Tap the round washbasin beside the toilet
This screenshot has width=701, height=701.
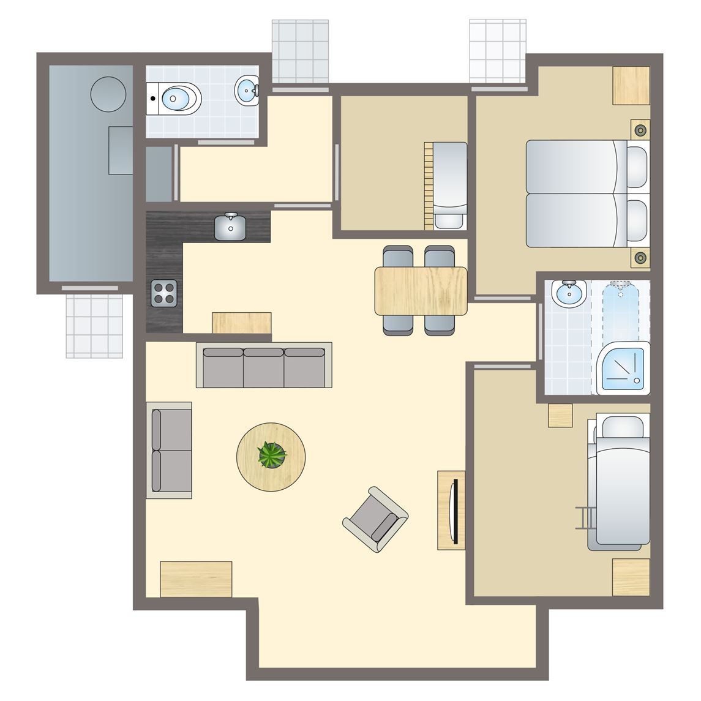pyautogui.click(x=247, y=90)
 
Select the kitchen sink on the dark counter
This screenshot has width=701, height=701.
pyautogui.click(x=231, y=227)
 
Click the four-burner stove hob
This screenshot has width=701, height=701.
pyautogui.click(x=165, y=293)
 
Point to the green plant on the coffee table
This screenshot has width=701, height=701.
pyautogui.click(x=271, y=455)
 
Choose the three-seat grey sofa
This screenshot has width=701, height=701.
pyautogui.click(x=264, y=365)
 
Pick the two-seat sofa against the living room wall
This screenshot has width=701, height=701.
pyautogui.click(x=168, y=450)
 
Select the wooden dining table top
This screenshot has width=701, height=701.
pyautogui.click(x=421, y=290)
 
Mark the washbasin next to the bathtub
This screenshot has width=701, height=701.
pyautogui.click(x=569, y=293)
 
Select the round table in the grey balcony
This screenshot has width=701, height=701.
pyautogui.click(x=108, y=93)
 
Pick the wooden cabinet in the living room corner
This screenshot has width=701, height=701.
pyautogui.click(x=196, y=579)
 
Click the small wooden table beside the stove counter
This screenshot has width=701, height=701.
pyautogui.click(x=241, y=323)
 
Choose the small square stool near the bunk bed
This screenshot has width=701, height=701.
pyautogui.click(x=560, y=416)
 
